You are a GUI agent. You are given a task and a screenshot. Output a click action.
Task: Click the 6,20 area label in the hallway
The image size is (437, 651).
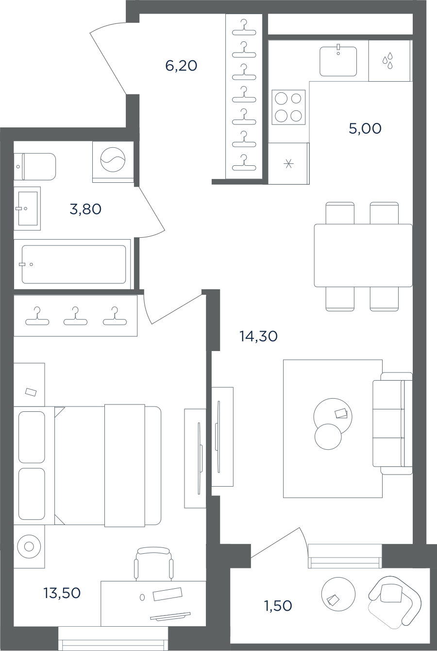coord(182,66)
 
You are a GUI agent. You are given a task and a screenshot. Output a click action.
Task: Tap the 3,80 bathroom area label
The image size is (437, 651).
coord(85,209)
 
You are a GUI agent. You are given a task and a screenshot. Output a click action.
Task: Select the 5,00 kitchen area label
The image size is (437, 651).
coord(365,128)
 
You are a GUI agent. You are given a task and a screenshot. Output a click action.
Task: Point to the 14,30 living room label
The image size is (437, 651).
coord(258,336)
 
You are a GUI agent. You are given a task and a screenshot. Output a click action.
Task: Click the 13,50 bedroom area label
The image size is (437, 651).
coord(62,593)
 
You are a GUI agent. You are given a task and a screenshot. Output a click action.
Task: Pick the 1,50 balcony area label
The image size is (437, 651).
coord(278,606)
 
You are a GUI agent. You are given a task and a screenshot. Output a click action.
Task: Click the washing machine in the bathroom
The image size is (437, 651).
coord(113,162)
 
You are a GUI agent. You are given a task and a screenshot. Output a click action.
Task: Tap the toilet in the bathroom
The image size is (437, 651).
coord(35,167)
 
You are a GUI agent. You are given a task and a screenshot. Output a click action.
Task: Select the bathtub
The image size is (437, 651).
coord(72,264)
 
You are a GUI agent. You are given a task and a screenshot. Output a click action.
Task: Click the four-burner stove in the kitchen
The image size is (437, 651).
coord(288,107)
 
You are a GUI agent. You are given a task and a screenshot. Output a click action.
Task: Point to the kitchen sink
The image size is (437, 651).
coord(338,61)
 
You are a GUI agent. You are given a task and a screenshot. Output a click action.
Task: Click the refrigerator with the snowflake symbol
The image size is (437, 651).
coord(289,163)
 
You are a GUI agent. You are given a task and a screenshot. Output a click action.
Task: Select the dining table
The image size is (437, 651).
coord(363,255)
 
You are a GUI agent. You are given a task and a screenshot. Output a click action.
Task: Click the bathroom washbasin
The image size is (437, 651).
coord(27,209)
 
